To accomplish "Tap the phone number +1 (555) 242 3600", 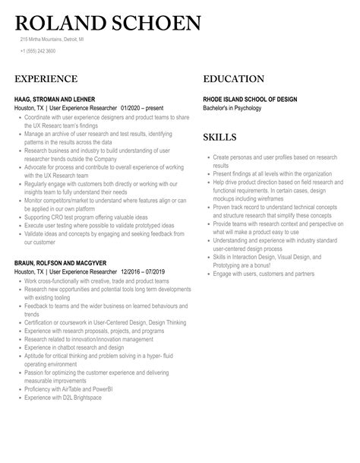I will click(x=37, y=51).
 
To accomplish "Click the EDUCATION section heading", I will click(x=233, y=79).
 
